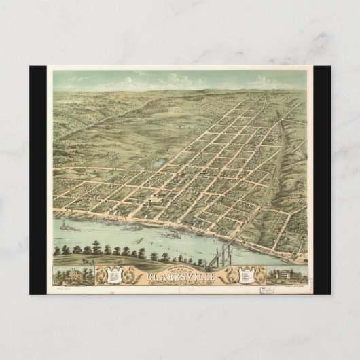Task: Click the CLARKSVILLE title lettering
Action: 179,276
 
